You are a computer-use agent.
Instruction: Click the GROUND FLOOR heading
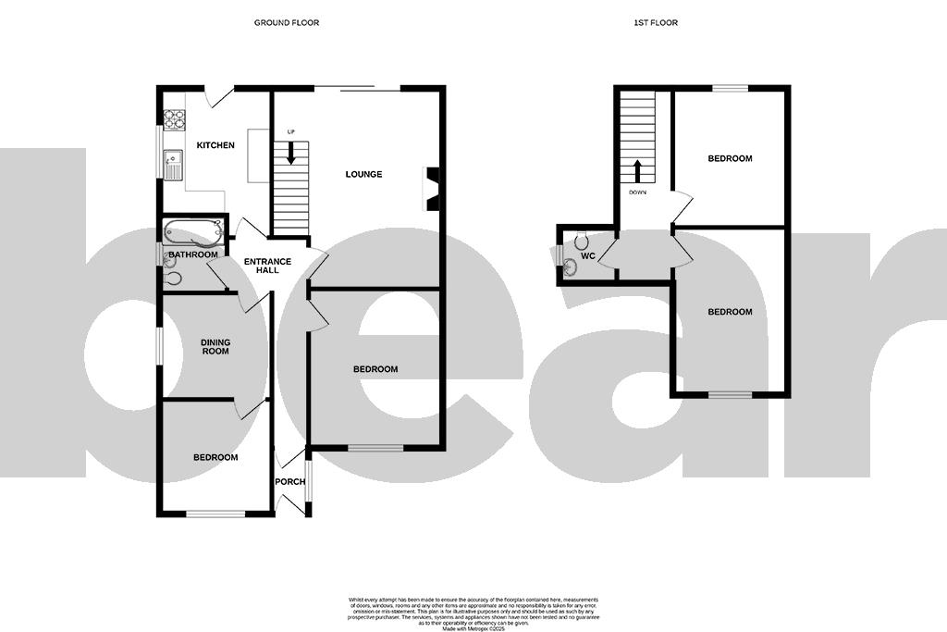[287, 22]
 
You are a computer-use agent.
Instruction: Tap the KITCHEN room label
[215, 145]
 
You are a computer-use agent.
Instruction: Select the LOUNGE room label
[363, 174]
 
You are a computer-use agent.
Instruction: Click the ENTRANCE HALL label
[267, 267]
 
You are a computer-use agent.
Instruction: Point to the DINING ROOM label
[215, 347]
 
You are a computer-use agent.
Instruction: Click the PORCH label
[290, 482]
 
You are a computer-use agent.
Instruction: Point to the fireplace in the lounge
[431, 188]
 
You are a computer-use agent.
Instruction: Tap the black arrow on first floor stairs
[637, 171]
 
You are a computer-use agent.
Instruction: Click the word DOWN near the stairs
[637, 193]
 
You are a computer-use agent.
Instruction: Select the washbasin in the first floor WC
[569, 267]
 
